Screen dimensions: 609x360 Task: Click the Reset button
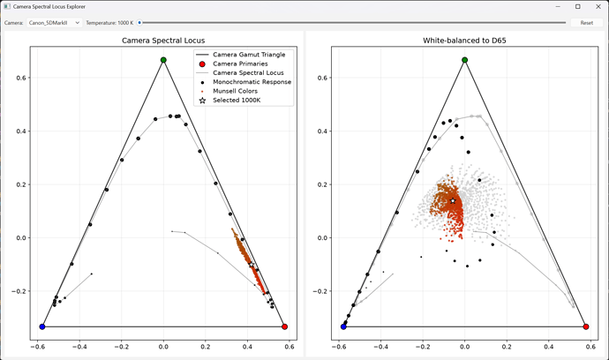coord(586,23)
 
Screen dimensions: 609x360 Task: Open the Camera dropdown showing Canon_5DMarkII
coord(55,23)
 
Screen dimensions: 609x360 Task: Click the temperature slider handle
coord(139,23)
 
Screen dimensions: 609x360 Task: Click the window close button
coord(598,6)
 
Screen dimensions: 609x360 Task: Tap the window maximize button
coord(578,6)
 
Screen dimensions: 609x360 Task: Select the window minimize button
coord(558,6)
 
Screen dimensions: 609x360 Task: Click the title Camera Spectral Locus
coord(163,41)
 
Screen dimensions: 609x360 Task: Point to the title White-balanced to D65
coord(464,41)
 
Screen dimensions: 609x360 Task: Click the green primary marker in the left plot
coord(163,60)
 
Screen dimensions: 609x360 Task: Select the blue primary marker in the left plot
coord(42,326)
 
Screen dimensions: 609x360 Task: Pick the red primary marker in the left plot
coord(285,326)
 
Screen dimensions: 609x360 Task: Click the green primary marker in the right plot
coord(465,60)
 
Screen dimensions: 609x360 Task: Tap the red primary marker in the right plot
coord(586,326)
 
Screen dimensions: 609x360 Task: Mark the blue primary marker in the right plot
coord(343,326)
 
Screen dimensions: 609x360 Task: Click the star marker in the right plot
coord(453,201)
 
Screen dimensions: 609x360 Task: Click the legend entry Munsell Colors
coord(236,91)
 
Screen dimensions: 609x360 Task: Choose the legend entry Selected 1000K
coord(237,101)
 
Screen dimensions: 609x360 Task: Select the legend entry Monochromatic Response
coord(252,82)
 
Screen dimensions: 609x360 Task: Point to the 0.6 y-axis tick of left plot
coord(21,78)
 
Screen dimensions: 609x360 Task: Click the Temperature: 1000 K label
coord(109,23)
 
